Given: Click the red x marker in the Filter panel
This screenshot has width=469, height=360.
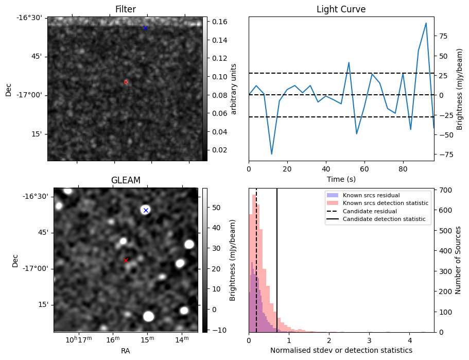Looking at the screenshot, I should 126,82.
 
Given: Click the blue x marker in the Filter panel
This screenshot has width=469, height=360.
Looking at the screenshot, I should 145,28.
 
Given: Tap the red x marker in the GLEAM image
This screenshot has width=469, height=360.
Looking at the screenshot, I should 126,260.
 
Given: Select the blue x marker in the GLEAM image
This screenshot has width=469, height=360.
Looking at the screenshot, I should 146,210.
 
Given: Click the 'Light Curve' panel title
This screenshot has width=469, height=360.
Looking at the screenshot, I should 341,10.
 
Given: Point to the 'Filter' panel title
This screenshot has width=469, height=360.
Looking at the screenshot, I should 126,10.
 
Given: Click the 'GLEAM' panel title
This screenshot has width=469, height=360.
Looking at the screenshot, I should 126,180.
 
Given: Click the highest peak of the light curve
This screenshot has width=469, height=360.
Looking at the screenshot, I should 426,23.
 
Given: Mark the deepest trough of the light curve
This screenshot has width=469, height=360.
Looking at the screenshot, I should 271,154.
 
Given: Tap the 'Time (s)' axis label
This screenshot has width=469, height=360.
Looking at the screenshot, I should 341,180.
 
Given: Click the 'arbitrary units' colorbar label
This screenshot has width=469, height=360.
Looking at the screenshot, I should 234,89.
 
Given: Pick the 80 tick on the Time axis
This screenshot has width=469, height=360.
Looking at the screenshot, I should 403,168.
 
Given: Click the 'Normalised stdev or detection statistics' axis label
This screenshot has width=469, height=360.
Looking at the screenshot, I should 341,350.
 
